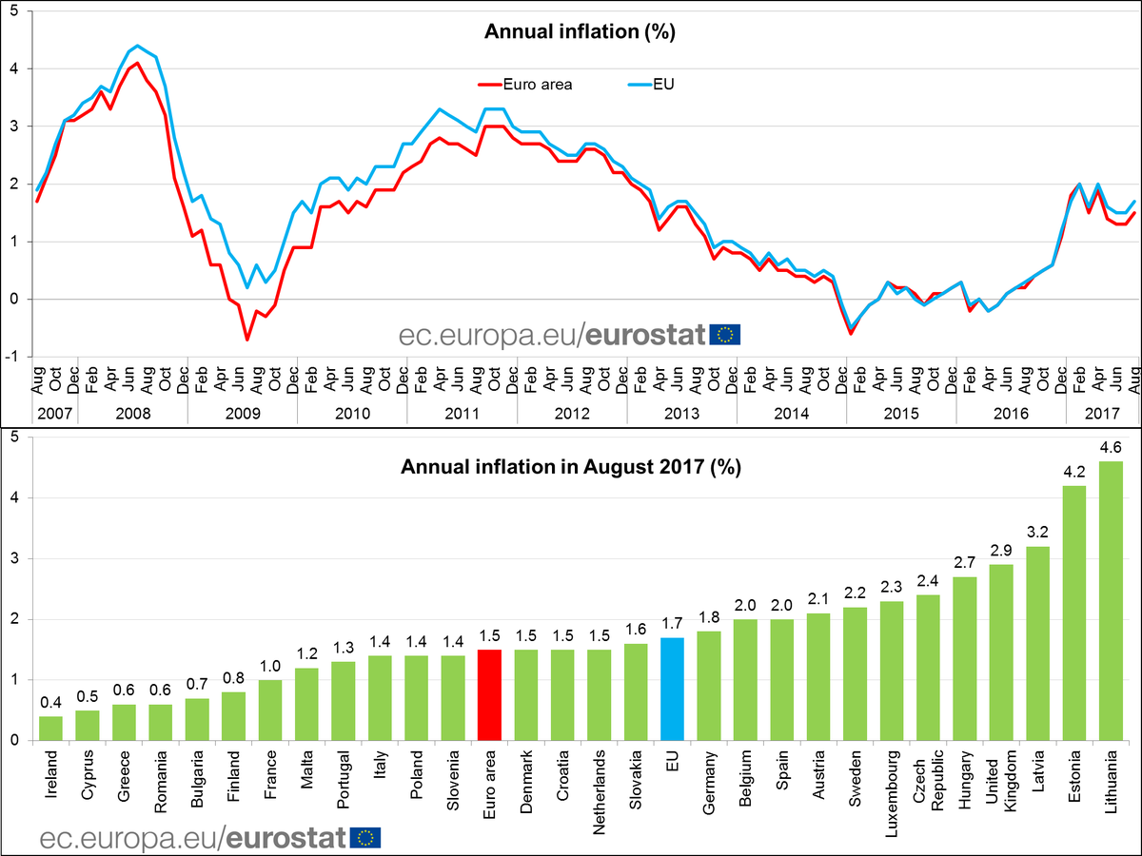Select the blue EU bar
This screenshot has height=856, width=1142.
pyautogui.click(x=672, y=689)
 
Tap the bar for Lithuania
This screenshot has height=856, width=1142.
pyautogui.click(x=1111, y=600)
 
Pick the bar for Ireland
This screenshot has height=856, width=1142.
pyautogui.click(x=50, y=728)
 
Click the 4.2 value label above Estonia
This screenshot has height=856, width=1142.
pyautogui.click(x=1073, y=471)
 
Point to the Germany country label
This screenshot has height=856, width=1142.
pyautogui.click(x=709, y=783)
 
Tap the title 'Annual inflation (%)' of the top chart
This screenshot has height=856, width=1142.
pyautogui.click(x=580, y=31)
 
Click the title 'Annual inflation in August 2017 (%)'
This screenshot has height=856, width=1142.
pyautogui.click(x=571, y=467)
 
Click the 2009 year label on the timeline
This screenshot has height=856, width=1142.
pyautogui.click(x=242, y=414)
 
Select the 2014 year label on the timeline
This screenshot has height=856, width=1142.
pyautogui.click(x=791, y=414)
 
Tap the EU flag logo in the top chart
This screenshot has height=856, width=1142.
pyautogui.click(x=725, y=334)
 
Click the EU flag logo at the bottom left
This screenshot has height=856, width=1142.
pyautogui.click(x=366, y=837)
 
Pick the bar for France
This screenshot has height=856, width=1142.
pyautogui.click(x=270, y=710)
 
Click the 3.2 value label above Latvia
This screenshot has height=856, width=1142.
pyautogui.click(x=1037, y=532)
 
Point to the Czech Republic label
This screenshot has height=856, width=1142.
pyautogui.click(x=928, y=783)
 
